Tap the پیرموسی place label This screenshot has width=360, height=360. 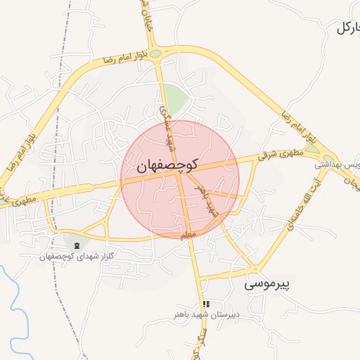click(x=268, y=285)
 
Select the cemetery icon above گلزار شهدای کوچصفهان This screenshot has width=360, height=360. click(x=77, y=244)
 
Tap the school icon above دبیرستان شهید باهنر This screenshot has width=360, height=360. click(x=206, y=304)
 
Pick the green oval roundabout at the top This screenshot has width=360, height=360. click(x=155, y=53)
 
